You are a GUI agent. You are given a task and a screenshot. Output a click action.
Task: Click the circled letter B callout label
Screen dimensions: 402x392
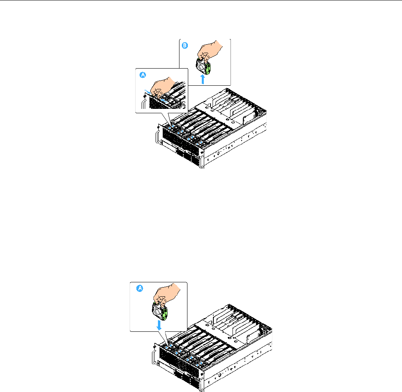pos(185,46)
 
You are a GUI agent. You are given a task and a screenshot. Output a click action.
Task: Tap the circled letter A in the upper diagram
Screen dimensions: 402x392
pos(142,75)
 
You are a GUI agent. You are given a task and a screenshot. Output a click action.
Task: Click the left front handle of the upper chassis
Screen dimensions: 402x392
pos(156,136)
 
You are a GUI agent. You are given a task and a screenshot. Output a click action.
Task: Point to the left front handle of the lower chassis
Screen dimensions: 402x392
pos(153,355)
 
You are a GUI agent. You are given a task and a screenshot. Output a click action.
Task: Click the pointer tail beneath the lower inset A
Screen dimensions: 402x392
pos(165,337)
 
